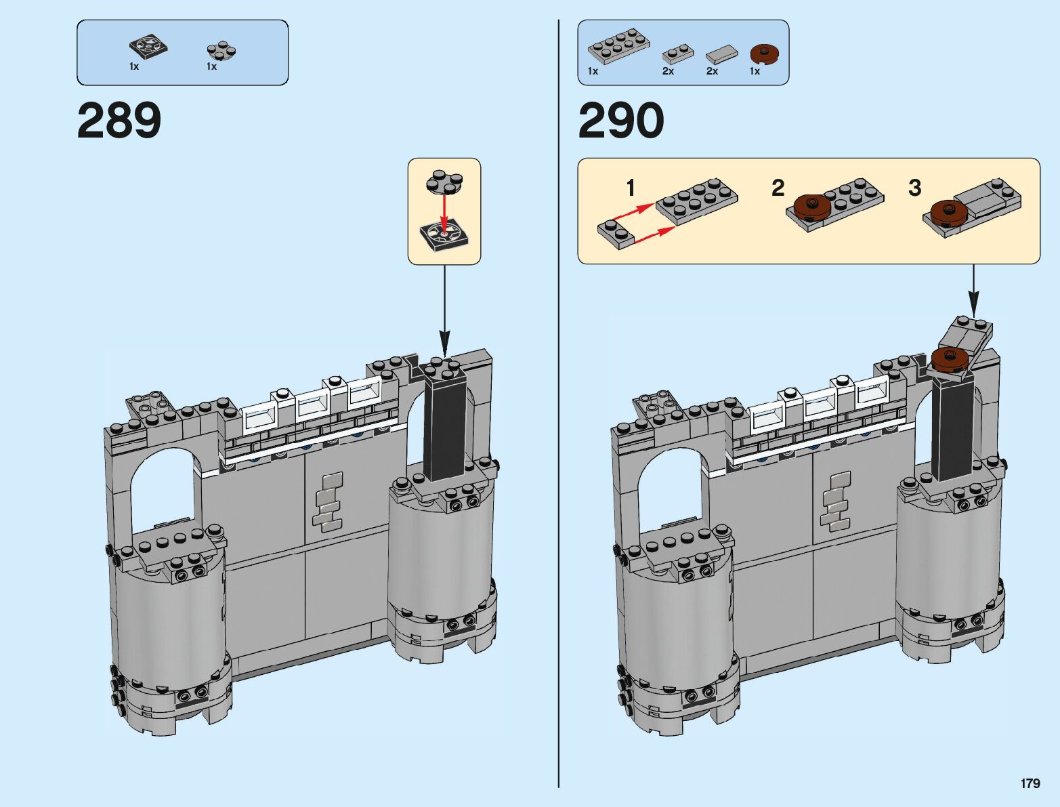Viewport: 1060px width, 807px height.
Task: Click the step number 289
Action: click(x=119, y=120)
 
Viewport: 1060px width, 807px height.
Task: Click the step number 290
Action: click(x=621, y=120)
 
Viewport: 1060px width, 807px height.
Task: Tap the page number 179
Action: click(x=1030, y=783)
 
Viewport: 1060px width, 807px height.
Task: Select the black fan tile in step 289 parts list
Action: click(x=148, y=47)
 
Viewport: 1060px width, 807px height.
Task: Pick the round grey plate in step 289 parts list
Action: click(x=221, y=51)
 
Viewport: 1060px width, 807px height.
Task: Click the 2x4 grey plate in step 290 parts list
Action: click(x=618, y=48)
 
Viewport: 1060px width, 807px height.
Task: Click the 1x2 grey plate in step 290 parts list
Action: click(x=678, y=54)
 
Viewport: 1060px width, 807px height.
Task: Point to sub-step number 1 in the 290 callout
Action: click(x=630, y=188)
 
